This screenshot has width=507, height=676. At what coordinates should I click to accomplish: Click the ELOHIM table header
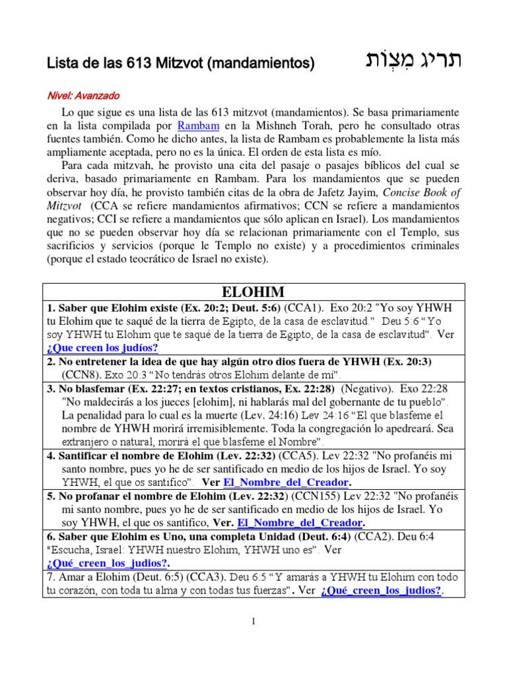click(x=253, y=292)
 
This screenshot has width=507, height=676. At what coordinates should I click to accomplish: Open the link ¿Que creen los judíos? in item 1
click(x=102, y=348)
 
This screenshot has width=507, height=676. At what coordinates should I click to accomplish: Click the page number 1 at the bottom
click(x=253, y=621)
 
